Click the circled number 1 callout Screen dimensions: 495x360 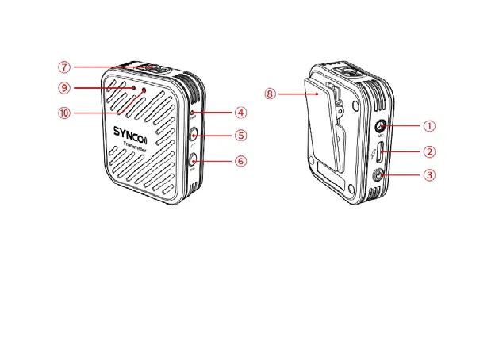428,125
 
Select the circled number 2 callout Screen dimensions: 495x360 428,151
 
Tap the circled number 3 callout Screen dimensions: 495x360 428,175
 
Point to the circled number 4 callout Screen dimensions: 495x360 240,113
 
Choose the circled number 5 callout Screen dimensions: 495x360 240,136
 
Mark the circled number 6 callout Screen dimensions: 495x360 240,161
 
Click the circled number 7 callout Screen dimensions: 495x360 63,67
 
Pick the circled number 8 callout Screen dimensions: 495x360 271,94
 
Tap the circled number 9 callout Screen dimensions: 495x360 63,88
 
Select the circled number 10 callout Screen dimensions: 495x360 63,113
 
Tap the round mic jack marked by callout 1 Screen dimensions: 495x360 381,126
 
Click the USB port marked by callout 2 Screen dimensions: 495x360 381,152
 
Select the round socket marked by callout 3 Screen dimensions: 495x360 381,175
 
